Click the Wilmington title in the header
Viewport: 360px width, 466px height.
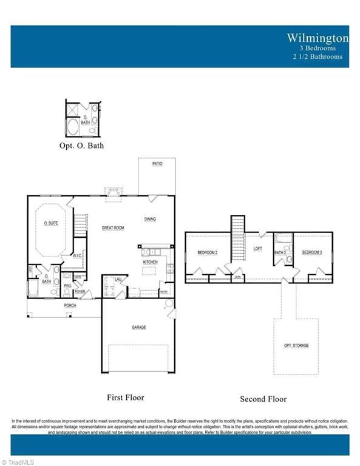[x=318, y=38]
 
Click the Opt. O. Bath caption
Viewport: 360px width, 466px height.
[x=82, y=146]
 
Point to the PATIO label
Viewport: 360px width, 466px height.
[x=157, y=164]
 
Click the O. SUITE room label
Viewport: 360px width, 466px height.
[x=52, y=223]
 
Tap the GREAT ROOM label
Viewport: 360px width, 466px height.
[x=113, y=228]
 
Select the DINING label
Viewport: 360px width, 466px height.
[x=151, y=219]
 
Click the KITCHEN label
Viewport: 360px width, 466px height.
[x=151, y=262]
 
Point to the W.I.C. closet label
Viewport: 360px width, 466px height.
[x=77, y=256]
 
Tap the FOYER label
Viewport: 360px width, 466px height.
[x=80, y=292]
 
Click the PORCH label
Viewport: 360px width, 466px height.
[x=70, y=306]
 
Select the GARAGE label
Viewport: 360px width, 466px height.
[x=139, y=327]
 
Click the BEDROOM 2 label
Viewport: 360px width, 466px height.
[x=207, y=252]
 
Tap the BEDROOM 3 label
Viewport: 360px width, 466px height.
[x=312, y=252]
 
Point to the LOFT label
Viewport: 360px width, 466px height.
[x=257, y=249]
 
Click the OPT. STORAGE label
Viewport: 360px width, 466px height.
[x=296, y=345]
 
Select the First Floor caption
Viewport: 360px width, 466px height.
[x=126, y=397]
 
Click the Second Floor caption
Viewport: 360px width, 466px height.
[x=263, y=399]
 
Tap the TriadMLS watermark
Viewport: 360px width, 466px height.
[x=18, y=462]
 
